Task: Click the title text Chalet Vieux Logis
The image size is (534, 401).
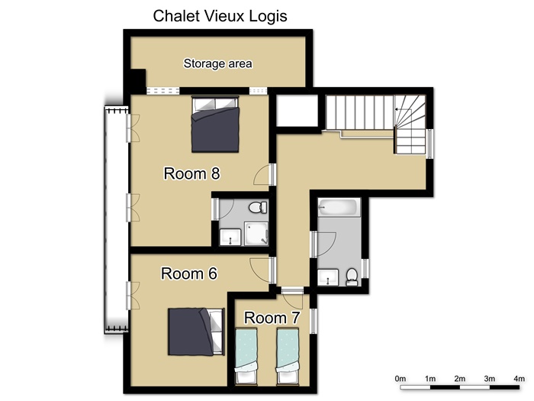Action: pos(220,16)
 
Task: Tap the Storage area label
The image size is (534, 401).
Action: pos(218,63)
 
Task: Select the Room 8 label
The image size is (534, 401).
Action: pos(191,173)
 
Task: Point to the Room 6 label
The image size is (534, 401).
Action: pos(189,273)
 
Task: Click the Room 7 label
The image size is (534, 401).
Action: pos(272,318)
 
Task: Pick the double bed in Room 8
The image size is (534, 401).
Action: pos(215,124)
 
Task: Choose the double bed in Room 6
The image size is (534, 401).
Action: pos(196,331)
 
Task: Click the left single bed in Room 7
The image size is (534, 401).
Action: pos(246,356)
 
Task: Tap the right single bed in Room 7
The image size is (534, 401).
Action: pos(288,356)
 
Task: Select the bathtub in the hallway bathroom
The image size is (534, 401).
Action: pos(339,207)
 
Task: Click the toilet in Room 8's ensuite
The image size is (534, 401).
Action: pos(258,207)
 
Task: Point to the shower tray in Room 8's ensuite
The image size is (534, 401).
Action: pos(256,234)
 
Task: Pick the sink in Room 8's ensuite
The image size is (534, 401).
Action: pos(230,237)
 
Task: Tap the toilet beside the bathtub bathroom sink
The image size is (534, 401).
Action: pos(352,276)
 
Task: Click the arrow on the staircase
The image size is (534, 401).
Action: pos(403,109)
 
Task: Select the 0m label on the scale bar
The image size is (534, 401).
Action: pos(400,379)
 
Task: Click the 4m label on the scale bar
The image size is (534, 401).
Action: pos(519,379)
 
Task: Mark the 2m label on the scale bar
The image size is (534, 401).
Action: pos(460,379)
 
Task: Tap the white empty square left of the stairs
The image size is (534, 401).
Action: pos(297,111)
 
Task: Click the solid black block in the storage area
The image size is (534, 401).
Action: pos(138,80)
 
